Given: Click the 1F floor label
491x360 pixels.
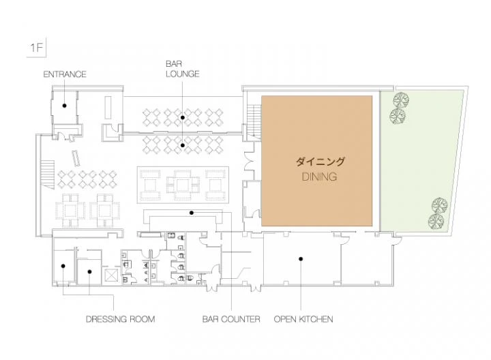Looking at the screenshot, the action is pos(36,48).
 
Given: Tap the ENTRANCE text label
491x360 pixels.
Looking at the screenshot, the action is pos(65,74).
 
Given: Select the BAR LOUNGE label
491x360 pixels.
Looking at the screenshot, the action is pos(182,69).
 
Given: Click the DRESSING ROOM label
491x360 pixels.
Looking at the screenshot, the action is pos(121,319).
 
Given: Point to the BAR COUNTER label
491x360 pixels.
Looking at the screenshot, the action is pos(231,319).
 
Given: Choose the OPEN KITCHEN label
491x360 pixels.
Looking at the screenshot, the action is pos(303,319).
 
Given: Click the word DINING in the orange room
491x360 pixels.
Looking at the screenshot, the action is pos(319,177).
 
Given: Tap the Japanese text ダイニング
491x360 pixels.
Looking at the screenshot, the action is pos(320,162).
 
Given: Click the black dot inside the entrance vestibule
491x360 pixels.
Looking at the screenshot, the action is pos(65,106).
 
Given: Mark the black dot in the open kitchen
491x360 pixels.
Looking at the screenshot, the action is pos(301,259).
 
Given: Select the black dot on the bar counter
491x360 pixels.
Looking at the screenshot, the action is pos(192,213).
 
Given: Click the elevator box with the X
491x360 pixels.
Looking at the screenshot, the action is pos(111,276).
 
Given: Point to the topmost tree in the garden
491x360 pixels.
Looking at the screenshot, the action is pos(401,100).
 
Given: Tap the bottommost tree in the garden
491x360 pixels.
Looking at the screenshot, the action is pos(436,222).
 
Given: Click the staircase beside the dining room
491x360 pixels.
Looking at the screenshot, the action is pos(254,121).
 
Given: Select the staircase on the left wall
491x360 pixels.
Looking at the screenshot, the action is pos(47,175).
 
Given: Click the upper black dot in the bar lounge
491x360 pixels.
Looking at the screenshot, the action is pos(182,117).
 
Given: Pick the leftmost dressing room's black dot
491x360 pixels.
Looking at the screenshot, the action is pos(63,266).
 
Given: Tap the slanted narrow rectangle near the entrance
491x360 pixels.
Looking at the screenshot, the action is pos(76,158).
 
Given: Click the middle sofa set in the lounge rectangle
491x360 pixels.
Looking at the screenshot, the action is pos(183,185).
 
